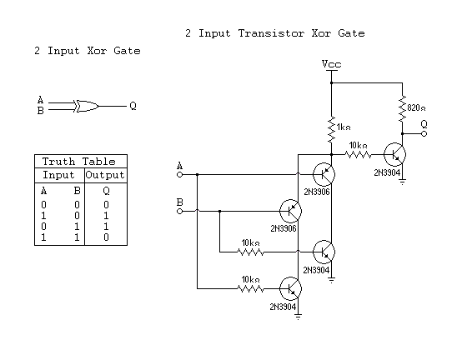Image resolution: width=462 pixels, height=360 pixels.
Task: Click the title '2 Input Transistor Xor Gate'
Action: (274, 33)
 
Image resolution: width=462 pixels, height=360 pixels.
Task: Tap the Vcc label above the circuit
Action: (331, 64)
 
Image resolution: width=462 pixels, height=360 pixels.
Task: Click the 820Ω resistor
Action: (403, 106)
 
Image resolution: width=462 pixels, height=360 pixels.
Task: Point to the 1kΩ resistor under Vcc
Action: (331, 129)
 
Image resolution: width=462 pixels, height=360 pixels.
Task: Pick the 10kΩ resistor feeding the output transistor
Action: (359, 154)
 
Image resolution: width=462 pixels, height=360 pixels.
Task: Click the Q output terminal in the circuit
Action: (424, 132)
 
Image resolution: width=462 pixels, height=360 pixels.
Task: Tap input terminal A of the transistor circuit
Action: (179, 175)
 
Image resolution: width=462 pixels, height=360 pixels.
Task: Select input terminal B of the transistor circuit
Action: (179, 211)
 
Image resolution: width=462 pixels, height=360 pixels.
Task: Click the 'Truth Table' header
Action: (80, 162)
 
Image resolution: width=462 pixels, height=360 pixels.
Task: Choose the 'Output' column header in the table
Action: (105, 175)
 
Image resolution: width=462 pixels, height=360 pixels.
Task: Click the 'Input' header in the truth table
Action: (59, 175)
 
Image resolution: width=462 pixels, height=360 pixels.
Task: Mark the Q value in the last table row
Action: (105, 237)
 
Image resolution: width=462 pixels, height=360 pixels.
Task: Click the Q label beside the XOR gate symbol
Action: (132, 107)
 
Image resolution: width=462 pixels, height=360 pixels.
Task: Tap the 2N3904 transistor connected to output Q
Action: (395, 155)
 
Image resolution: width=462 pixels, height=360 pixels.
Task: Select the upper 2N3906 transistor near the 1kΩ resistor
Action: (324, 174)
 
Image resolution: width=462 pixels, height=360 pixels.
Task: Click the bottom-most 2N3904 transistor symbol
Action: (290, 289)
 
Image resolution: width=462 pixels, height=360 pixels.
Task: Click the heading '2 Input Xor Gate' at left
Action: (88, 52)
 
